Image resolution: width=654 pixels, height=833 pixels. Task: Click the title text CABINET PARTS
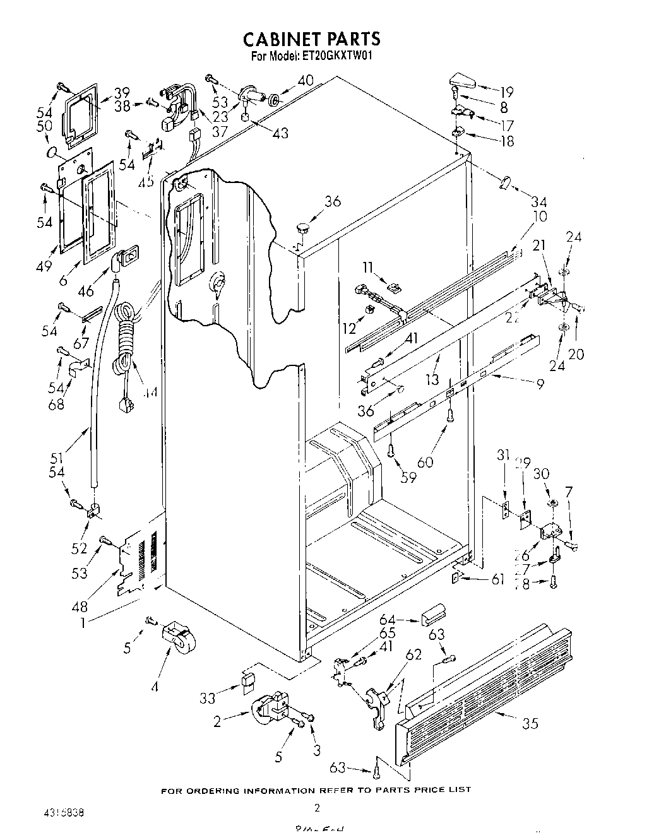[x=312, y=39]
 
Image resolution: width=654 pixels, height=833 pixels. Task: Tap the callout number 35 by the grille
[x=530, y=723]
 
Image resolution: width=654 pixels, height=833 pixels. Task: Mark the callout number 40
[x=305, y=81]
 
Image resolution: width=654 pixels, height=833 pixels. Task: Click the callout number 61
[x=497, y=579]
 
